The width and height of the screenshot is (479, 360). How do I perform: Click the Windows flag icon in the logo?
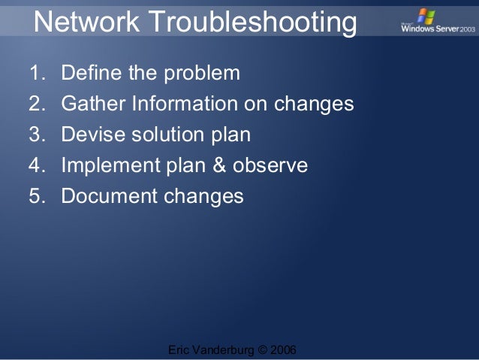pos(426,16)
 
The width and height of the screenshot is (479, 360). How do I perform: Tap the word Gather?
pos(87,104)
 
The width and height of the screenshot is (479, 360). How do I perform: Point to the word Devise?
pos(87,135)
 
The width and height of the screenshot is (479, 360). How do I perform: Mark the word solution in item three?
pos(156,135)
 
